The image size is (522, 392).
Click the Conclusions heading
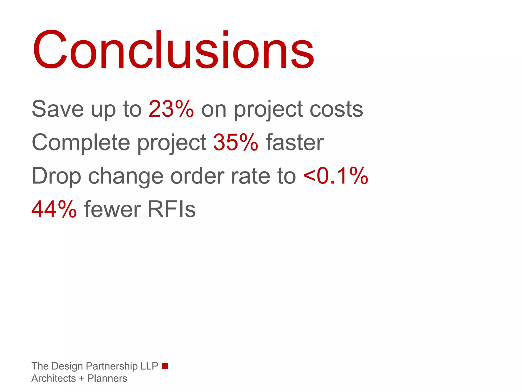coord(173,50)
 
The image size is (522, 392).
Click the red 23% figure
coord(171,109)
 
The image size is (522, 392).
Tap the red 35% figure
coord(236,142)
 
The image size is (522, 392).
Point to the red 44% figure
coord(54,209)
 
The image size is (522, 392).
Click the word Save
coord(58,109)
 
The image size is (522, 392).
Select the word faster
coord(294,142)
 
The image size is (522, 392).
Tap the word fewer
coord(112,210)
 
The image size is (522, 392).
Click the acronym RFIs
coord(171,209)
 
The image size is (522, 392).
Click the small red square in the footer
coord(165,366)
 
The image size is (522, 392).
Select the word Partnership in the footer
coord(112,366)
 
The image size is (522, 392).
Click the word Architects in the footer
coord(54,378)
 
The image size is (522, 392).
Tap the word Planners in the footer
coord(107,378)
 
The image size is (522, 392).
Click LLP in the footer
coord(149,366)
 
